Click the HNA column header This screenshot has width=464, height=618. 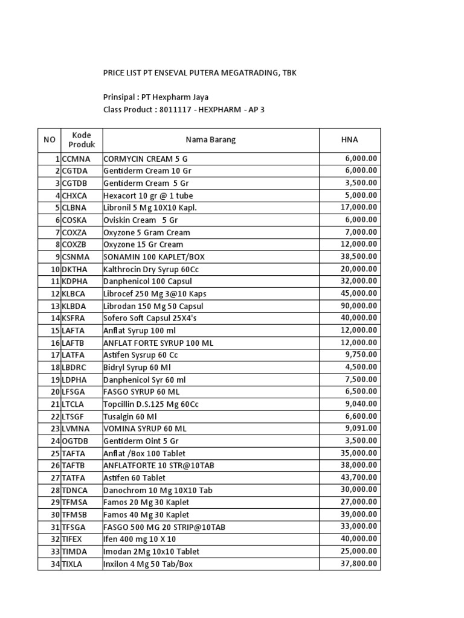[x=349, y=140]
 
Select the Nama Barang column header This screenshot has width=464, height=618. [x=210, y=140]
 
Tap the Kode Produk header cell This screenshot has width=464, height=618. [x=81, y=140]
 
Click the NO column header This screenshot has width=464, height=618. [x=49, y=140]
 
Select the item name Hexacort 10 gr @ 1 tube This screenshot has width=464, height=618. [x=148, y=196]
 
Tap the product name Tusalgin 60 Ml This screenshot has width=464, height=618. [x=130, y=416]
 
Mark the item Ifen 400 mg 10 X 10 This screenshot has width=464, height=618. [x=140, y=539]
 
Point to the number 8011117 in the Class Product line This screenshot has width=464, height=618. [x=178, y=109]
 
